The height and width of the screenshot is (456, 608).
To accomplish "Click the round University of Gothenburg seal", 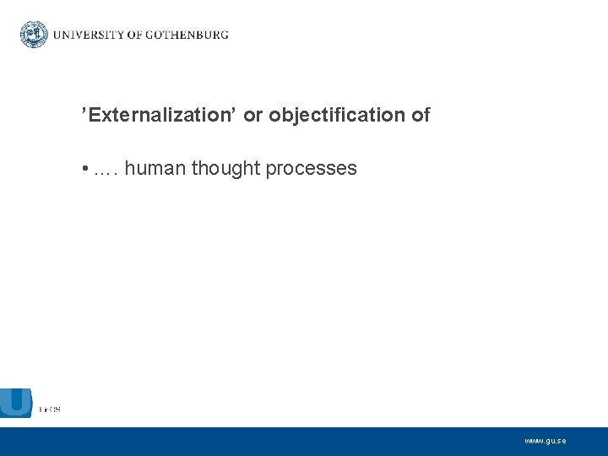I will (x=35, y=35).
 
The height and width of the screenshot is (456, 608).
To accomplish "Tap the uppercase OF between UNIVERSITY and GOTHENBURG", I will (x=135, y=35).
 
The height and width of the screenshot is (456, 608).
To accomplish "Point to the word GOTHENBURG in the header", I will (x=187, y=35).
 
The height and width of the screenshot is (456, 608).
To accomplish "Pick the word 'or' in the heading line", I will (x=252, y=115).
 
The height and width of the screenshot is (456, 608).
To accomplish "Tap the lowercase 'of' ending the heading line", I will (x=421, y=115).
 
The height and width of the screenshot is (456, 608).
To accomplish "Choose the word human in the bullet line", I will (x=155, y=169).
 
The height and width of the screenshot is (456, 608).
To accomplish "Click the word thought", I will (x=225, y=169).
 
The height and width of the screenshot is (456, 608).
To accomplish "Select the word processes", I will (x=311, y=169).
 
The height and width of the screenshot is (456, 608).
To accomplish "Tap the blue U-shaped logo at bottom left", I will (x=16, y=402).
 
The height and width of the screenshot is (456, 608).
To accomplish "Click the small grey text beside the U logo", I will (x=49, y=410).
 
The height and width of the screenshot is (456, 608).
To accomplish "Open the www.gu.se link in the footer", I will (x=545, y=441).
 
